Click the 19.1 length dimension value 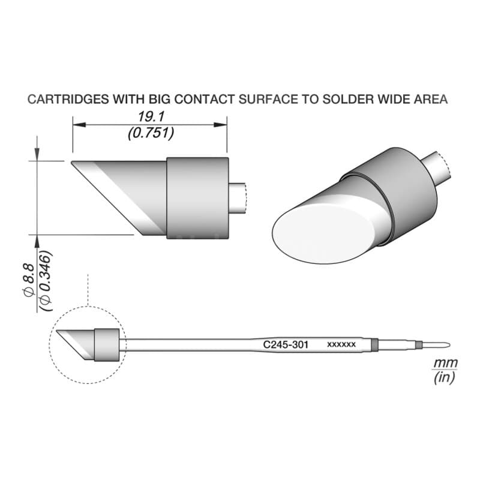pos(151,116)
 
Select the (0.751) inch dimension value pos(151,133)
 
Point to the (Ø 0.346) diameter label pos(46,281)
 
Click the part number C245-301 pos(286,344)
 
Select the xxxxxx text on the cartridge pos(341,344)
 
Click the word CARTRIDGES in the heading pos(68,99)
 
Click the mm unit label pos(446,364)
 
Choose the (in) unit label pos(444,378)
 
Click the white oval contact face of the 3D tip pos(323,233)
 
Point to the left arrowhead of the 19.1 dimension pos(79,125)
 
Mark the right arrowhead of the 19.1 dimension pos(220,125)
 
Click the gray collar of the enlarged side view pos(197,198)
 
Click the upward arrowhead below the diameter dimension pos(37,242)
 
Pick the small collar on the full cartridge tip pos(107,345)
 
